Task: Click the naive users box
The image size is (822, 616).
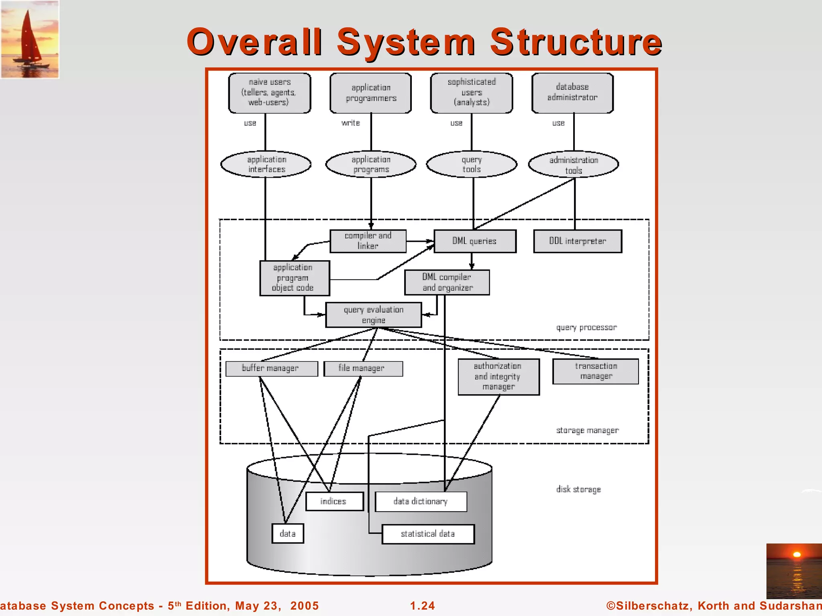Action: [x=269, y=93]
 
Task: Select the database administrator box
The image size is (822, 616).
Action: [x=572, y=93]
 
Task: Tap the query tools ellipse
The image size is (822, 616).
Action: [x=472, y=164]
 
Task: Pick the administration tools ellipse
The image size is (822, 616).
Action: [x=574, y=164]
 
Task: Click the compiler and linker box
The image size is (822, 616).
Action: [x=368, y=241]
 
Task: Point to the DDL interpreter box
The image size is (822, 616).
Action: [x=578, y=241]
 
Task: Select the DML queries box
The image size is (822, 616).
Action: [x=475, y=241]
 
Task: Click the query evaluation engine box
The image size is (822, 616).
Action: [x=374, y=315]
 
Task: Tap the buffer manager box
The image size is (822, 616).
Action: [x=271, y=369]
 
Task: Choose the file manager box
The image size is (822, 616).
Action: [x=363, y=369]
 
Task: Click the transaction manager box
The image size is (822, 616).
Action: [x=596, y=371]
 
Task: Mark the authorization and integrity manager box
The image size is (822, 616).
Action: [x=498, y=377]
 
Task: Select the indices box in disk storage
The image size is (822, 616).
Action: [x=334, y=501]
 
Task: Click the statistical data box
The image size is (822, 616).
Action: [x=428, y=534]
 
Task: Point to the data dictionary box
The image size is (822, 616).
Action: [x=421, y=501]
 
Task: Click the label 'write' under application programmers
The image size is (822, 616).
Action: [x=350, y=123]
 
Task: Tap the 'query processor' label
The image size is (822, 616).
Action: [x=586, y=328]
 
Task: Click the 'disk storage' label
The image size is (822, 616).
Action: [x=578, y=489]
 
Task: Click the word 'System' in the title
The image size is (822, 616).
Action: [x=406, y=42]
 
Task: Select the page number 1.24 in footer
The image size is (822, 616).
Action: [x=422, y=606]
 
